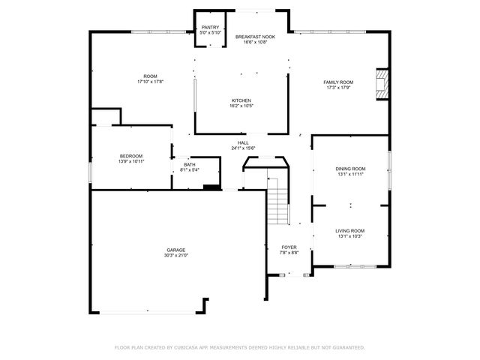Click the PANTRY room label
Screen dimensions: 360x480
[x=209, y=28]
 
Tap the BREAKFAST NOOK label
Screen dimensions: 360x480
[x=255, y=37]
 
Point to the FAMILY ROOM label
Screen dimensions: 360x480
[x=338, y=82]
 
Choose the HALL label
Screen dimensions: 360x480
[x=243, y=142]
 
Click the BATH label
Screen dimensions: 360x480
[x=189, y=164]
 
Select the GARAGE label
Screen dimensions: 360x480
[x=176, y=250]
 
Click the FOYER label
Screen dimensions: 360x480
[x=289, y=247]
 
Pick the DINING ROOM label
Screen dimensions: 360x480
[x=350, y=169]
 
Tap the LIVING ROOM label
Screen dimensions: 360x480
[x=349, y=230]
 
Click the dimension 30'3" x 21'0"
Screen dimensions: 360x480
[x=176, y=256]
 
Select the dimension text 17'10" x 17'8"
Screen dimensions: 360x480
[x=150, y=82]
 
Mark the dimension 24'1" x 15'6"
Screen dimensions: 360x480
[x=243, y=148]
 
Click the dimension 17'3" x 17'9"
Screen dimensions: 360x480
[x=338, y=88]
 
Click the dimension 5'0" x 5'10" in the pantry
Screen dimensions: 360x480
[x=209, y=33]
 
